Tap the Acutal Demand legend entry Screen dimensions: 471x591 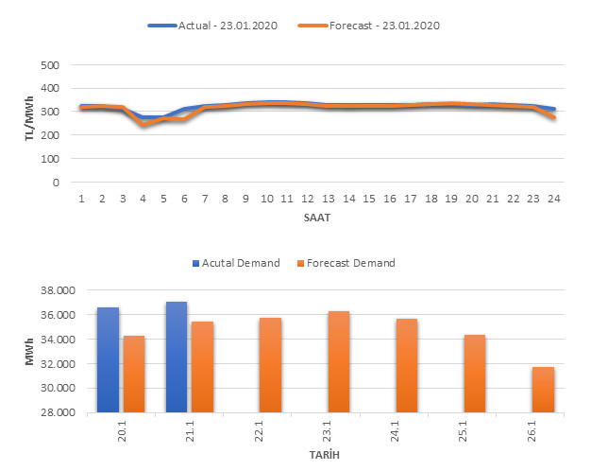coord(238,263)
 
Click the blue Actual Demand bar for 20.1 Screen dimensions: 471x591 coord(108,359)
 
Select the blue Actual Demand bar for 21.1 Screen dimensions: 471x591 coord(177,357)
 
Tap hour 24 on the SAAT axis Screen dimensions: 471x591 coord(553,198)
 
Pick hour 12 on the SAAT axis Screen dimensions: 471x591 coord(308,198)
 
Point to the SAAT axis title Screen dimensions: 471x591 coord(316,216)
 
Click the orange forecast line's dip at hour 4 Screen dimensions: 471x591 coord(144,125)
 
